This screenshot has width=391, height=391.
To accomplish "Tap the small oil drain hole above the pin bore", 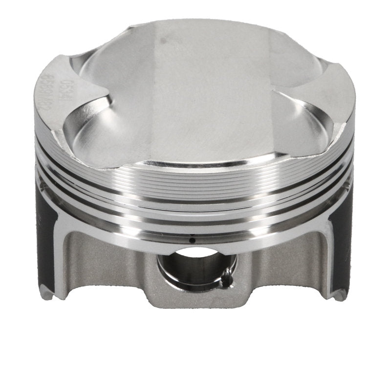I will click(192, 240).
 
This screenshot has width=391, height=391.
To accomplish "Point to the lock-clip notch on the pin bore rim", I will click(226, 280).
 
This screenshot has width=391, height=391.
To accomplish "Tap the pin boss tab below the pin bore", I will click(195, 298).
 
